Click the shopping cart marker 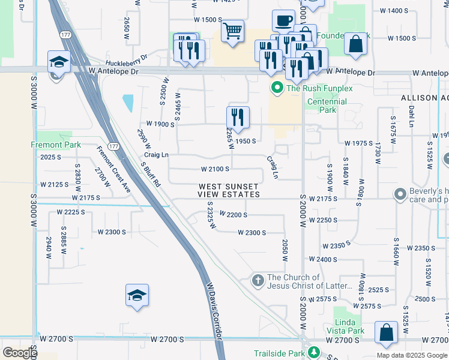pyautogui.click(x=232, y=30)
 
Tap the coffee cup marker pyautogui.click(x=283, y=20)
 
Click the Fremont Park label pyautogui.click(x=55, y=145)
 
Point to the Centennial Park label pyautogui.click(x=327, y=106)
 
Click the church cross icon pyautogui.click(x=258, y=280)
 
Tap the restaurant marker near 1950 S pyautogui.click(x=238, y=118)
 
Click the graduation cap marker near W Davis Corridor pyautogui.click(x=137, y=295)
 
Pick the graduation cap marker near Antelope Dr pyautogui.click(x=59, y=62)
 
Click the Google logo pyautogui.click(x=19, y=353)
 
